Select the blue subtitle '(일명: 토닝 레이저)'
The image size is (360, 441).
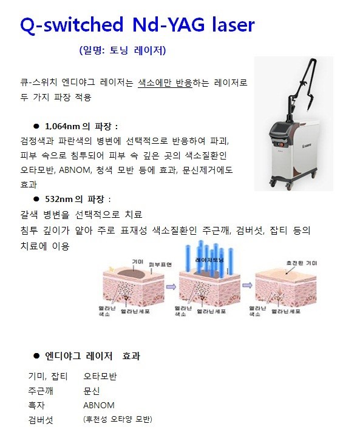point(122,50)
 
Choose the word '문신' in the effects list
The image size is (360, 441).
point(91,391)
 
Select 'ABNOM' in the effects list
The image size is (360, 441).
point(99,405)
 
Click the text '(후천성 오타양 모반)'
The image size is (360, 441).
point(118,419)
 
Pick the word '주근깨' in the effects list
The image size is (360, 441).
point(42,391)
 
